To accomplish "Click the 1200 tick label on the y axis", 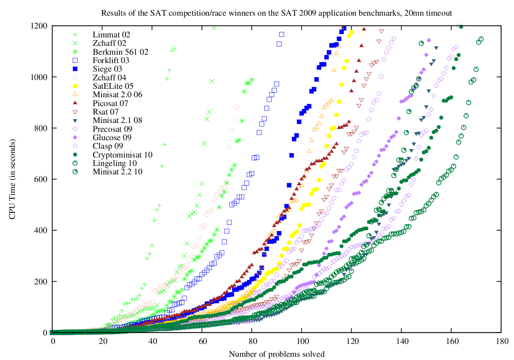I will point(39,26).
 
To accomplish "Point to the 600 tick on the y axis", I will point(41,179).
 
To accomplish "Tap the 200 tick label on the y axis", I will point(41,281).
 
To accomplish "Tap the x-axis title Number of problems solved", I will point(277,354).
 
